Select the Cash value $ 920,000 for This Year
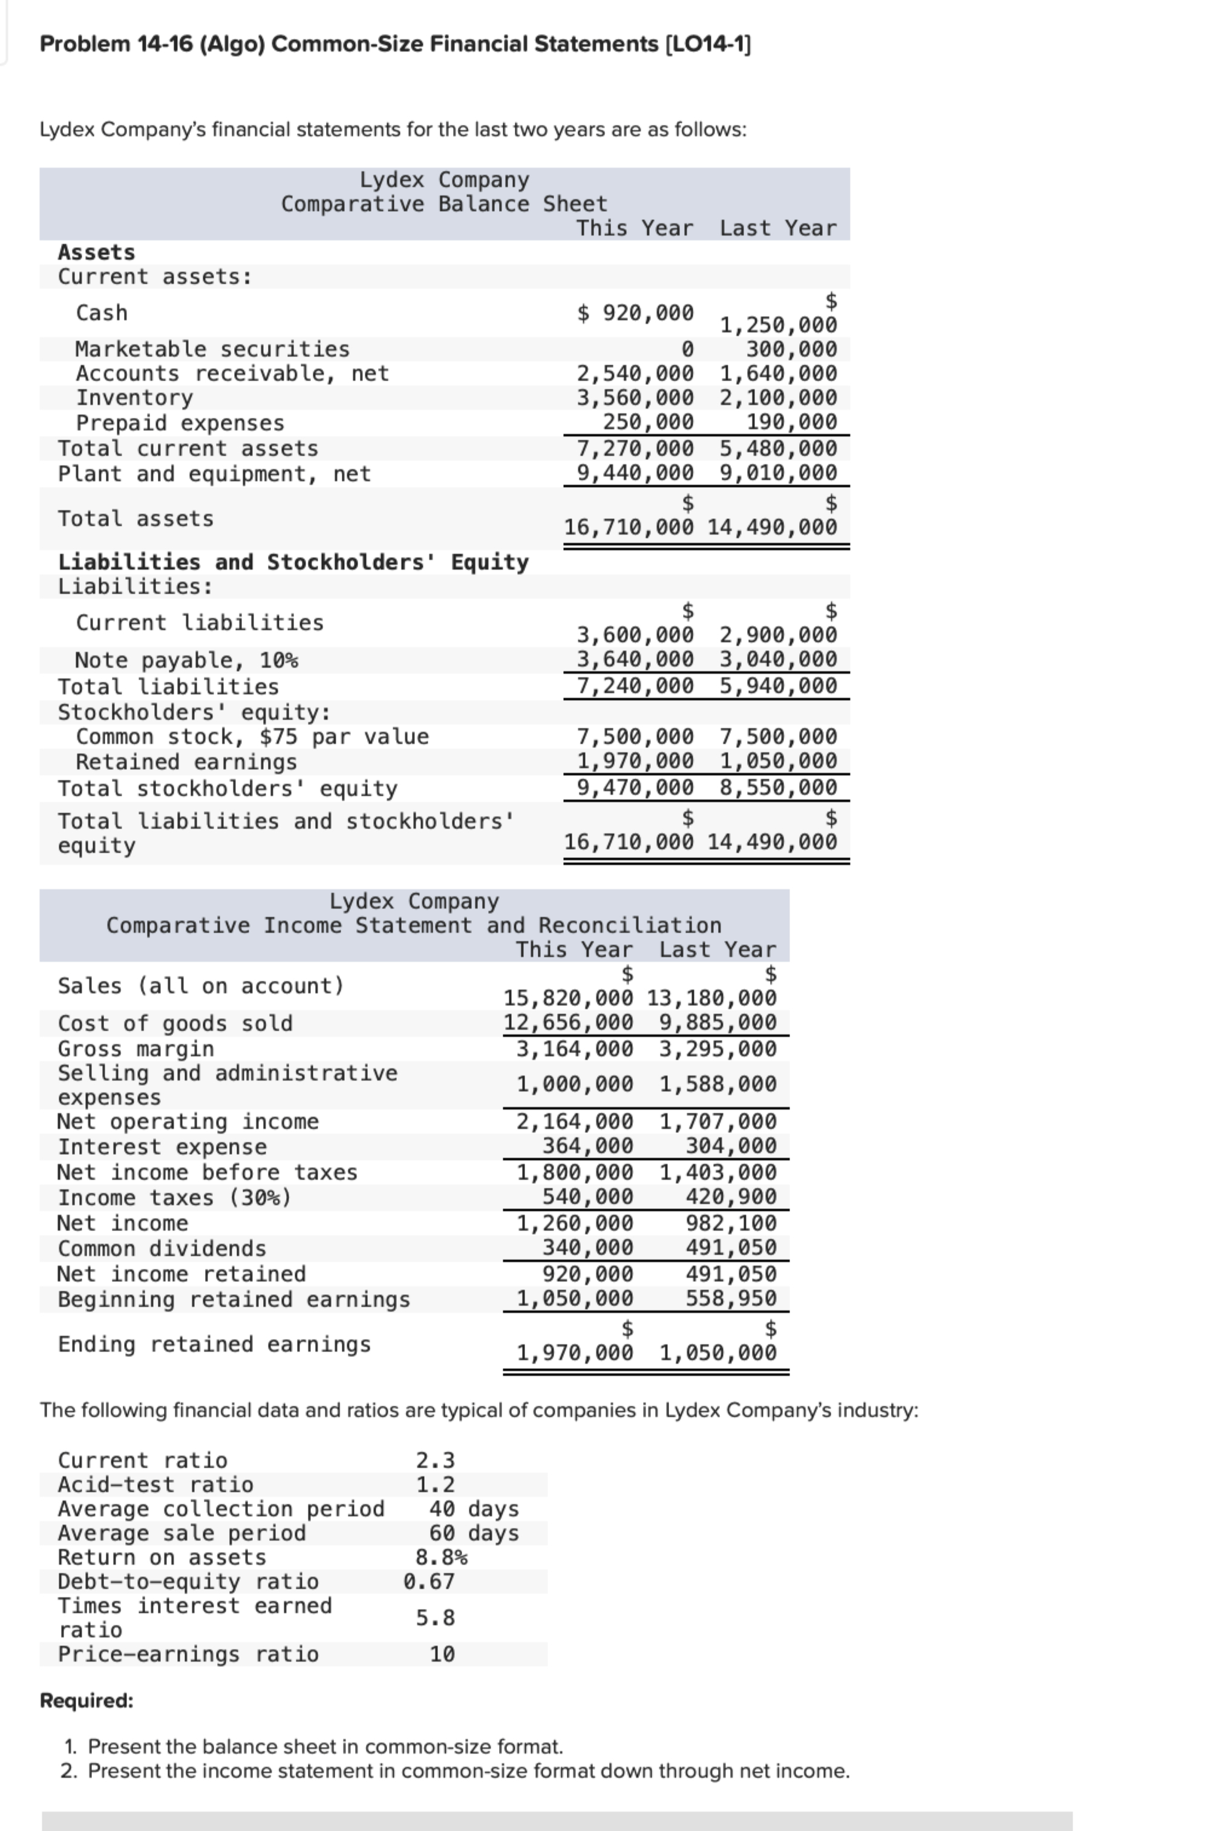click(635, 313)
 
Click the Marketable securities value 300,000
click(791, 349)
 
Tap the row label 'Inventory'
click(134, 398)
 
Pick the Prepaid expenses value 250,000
click(649, 422)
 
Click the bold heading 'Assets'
click(96, 253)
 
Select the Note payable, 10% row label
click(186, 660)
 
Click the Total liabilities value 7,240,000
click(635, 686)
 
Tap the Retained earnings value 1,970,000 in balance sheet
click(635, 761)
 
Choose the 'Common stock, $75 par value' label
click(252, 737)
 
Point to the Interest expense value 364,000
click(588, 1146)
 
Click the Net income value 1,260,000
click(575, 1223)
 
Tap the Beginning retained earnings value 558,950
click(731, 1298)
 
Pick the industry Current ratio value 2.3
click(436, 1460)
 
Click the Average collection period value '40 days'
click(474, 1508)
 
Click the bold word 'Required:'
click(87, 1700)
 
